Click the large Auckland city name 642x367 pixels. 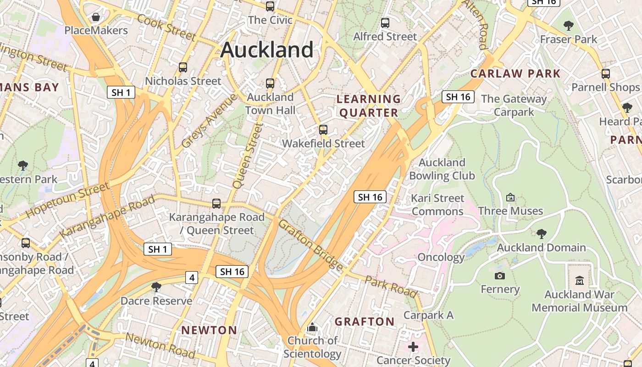pyautogui.click(x=267, y=50)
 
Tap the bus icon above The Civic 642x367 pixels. pyautogui.click(x=270, y=6)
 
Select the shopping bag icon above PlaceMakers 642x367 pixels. pyautogui.click(x=96, y=17)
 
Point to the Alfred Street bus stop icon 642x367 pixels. pyautogui.click(x=385, y=22)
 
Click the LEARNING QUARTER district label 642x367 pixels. pyautogui.click(x=369, y=106)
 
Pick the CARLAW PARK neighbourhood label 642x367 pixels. pyautogui.click(x=515, y=73)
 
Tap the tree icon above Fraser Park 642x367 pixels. pyautogui.click(x=569, y=25)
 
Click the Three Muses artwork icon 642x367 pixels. pyautogui.click(x=510, y=198)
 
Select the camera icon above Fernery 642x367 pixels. pyautogui.click(x=500, y=276)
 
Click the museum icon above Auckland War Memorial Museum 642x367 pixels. pyautogui.click(x=580, y=280)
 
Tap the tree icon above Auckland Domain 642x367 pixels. pyautogui.click(x=542, y=234)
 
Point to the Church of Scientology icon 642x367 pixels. pyautogui.click(x=312, y=327)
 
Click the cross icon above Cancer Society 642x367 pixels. pyautogui.click(x=413, y=347)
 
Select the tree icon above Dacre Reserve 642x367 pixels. pyautogui.click(x=156, y=287)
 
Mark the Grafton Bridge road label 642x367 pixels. pyautogui.click(x=310, y=245)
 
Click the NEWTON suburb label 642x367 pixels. pyautogui.click(x=209, y=330)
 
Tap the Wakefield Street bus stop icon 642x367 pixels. pyautogui.click(x=323, y=130)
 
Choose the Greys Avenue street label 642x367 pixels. pyautogui.click(x=209, y=121)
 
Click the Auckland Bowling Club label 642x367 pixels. pyautogui.click(x=442, y=169)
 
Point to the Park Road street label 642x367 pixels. pyautogui.click(x=391, y=286)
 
